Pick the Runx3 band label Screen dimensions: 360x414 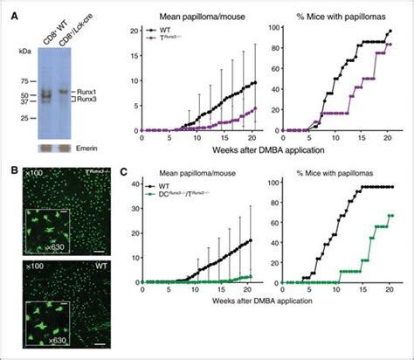98,100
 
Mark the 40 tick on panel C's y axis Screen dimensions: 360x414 134,184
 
